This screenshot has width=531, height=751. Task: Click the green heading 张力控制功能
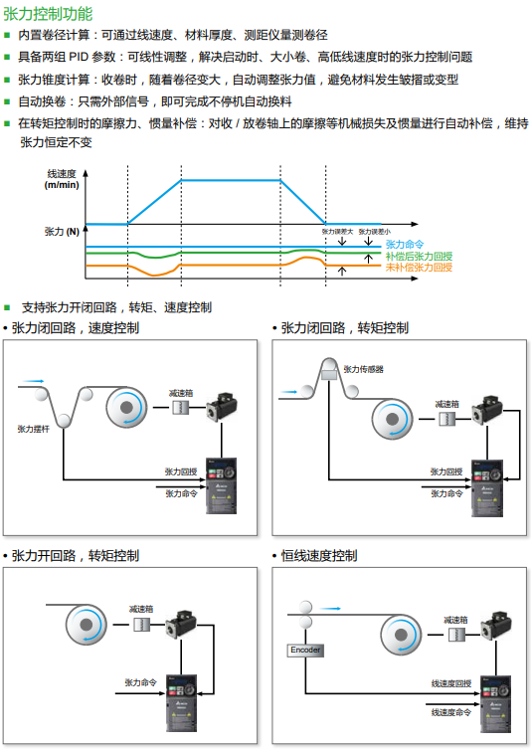[49, 14]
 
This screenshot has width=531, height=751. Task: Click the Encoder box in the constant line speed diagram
[305, 650]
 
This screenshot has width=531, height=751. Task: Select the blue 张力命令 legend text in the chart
[405, 244]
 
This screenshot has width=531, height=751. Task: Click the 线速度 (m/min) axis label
[62, 179]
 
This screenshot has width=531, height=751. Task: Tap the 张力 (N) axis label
[62, 231]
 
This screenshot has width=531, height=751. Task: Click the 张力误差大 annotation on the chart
[337, 231]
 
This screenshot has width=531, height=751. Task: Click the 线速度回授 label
[450, 683]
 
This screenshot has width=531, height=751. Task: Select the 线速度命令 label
[450, 712]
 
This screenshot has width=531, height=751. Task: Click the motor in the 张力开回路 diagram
[182, 625]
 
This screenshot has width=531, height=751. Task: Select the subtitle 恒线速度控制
[318, 555]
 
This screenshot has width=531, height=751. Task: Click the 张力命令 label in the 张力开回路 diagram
[141, 682]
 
